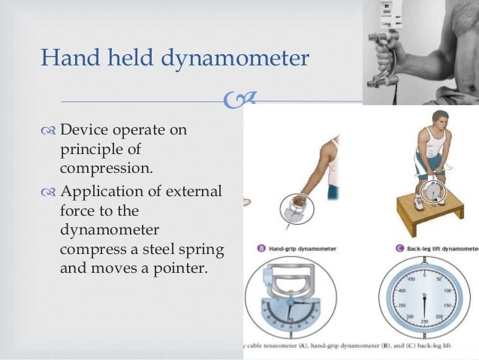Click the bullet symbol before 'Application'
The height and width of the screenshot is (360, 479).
pyautogui.click(x=49, y=192)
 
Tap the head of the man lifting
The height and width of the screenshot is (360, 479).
pyautogui.click(x=423, y=120)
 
